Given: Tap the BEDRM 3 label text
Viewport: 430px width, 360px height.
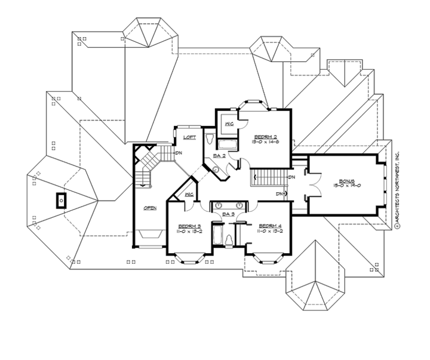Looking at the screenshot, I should click(x=189, y=226).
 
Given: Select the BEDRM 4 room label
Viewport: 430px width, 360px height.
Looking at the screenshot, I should click(x=266, y=226).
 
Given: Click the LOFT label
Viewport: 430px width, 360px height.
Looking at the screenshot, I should click(x=189, y=137).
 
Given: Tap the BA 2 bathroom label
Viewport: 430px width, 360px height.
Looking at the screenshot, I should click(x=219, y=156).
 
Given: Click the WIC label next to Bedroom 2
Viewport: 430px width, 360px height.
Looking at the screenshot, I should click(x=229, y=124).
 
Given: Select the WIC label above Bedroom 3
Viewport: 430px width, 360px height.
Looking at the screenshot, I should click(x=189, y=195).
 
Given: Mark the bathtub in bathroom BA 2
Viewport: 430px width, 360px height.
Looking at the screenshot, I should click(x=227, y=144).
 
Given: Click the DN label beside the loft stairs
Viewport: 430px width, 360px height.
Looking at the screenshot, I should click(x=178, y=152).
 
